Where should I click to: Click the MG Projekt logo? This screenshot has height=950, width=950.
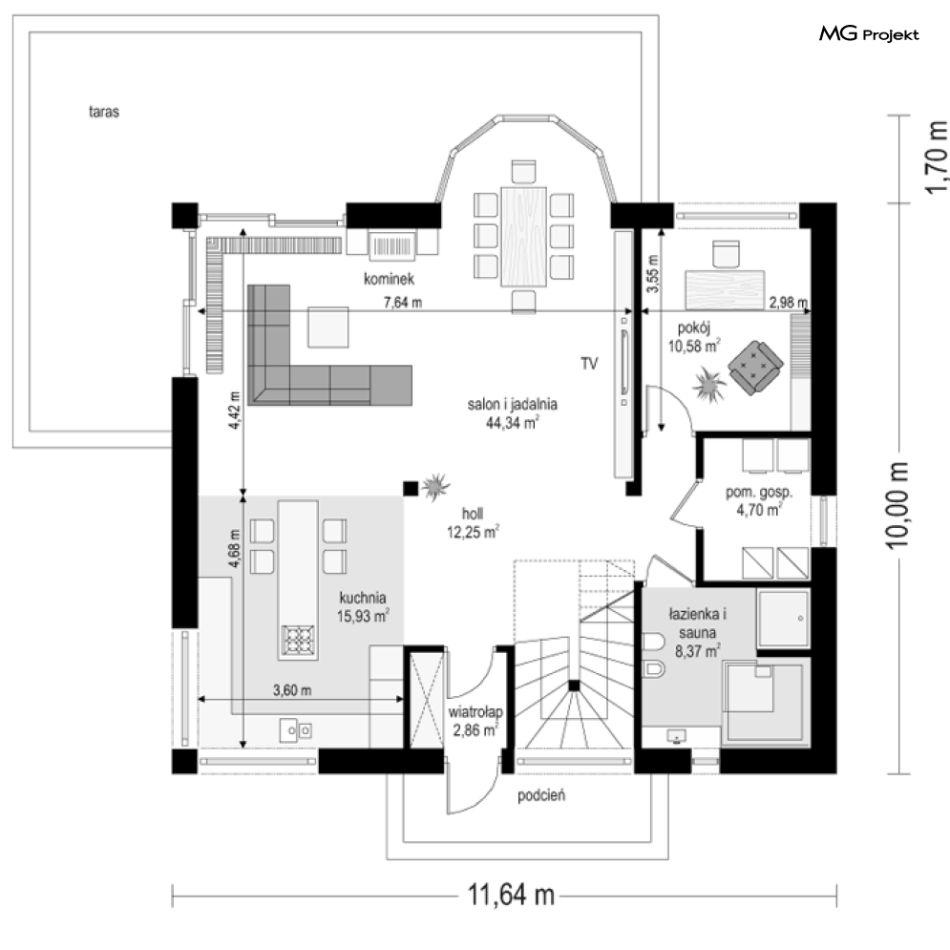(869, 34)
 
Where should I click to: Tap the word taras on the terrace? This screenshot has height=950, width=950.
(104, 112)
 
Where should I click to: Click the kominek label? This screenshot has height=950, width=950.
(389, 279)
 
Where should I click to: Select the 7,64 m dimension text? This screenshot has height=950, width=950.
(403, 302)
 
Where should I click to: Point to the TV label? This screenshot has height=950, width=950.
(589, 364)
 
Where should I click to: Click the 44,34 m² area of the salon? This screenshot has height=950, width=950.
(512, 422)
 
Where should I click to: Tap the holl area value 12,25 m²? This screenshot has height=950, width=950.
(473, 532)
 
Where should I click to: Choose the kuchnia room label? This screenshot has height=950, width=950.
(362, 598)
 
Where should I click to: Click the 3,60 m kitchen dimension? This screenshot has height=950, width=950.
(292, 690)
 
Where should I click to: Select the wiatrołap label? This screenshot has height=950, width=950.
(475, 712)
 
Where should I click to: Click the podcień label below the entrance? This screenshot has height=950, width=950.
(541, 795)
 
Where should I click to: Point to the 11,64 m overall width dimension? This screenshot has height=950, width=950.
(511, 895)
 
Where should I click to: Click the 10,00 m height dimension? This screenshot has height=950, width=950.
(897, 505)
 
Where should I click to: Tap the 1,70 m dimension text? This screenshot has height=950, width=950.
(936, 158)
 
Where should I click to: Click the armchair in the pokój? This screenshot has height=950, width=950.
(755, 368)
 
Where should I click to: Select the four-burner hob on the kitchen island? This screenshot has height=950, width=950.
(298, 640)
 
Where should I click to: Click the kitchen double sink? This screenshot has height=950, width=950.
(296, 730)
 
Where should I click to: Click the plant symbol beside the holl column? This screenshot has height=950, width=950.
(435, 487)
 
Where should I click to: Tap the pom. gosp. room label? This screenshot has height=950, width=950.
(758, 492)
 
